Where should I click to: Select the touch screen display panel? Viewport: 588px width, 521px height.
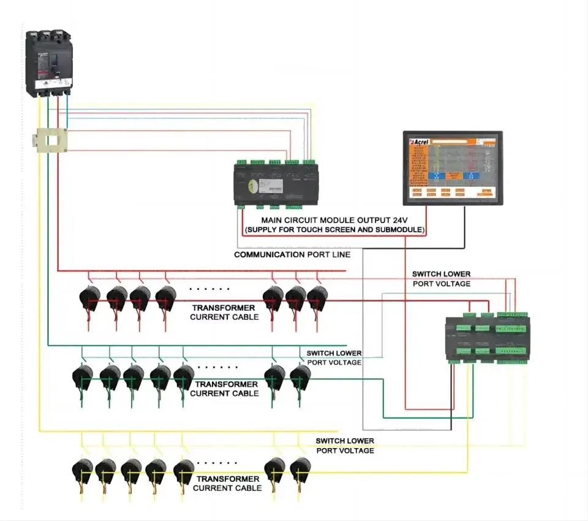pos(453,167)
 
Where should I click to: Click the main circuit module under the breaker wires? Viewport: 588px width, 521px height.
pos(280,181)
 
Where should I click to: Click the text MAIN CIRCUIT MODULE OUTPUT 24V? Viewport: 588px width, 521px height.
pos(334,219)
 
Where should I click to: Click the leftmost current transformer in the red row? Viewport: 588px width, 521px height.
pos(89,298)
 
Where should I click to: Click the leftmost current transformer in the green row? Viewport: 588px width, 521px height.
pos(82,375)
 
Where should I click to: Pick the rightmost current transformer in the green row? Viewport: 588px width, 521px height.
pos(300,375)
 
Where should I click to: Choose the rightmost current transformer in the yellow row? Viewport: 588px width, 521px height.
pos(300,469)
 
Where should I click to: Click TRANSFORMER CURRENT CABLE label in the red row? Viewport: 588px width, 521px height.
pos(224,312)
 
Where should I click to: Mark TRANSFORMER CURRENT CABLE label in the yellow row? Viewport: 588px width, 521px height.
pos(227,483)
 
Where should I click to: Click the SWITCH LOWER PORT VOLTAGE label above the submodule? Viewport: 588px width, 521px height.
pos(441,279)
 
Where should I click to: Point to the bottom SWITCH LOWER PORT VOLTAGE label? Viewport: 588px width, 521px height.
pos(345,446)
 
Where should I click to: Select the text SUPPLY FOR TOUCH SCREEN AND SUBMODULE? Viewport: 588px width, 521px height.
pos(334,229)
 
